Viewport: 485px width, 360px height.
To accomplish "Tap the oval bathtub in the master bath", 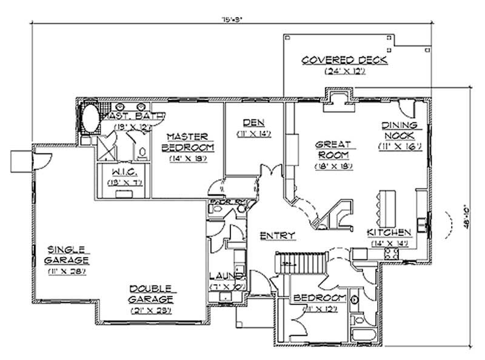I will [92, 118].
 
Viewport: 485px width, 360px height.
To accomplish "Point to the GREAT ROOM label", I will [330, 150].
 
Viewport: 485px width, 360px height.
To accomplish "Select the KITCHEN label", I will [389, 233].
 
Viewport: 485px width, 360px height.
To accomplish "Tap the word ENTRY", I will [278, 235].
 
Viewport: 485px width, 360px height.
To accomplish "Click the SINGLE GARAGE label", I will [68, 255].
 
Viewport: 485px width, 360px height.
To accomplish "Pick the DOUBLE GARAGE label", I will [152, 294].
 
